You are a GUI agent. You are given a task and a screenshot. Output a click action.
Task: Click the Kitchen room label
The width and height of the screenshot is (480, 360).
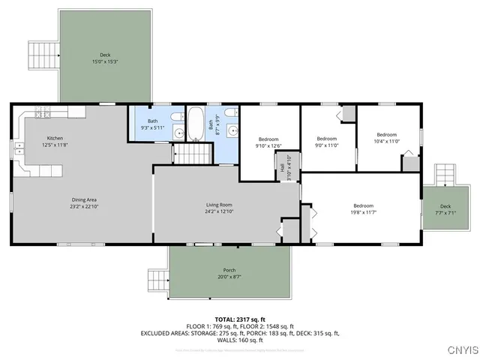tap(55, 138)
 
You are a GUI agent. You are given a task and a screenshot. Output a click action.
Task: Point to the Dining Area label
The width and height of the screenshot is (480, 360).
tap(83, 199)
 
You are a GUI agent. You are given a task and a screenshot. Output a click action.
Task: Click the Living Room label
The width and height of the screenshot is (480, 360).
tap(219, 205)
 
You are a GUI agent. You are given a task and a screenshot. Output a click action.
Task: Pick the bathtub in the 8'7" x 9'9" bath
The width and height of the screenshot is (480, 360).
tap(195, 124)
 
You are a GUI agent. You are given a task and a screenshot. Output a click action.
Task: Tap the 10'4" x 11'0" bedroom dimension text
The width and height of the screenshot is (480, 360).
tap(386, 141)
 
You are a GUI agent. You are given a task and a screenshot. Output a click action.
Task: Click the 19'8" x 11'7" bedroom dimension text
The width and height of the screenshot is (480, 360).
tap(363, 213)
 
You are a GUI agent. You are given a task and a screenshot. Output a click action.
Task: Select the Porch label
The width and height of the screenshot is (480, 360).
tap(229, 270)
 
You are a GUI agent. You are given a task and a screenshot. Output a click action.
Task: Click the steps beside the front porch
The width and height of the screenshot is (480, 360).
tap(157, 281)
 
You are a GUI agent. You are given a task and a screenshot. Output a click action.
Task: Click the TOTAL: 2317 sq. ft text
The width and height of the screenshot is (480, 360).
tap(240, 319)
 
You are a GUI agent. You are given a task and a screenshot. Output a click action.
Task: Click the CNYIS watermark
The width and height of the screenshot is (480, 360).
tap(460, 349)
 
